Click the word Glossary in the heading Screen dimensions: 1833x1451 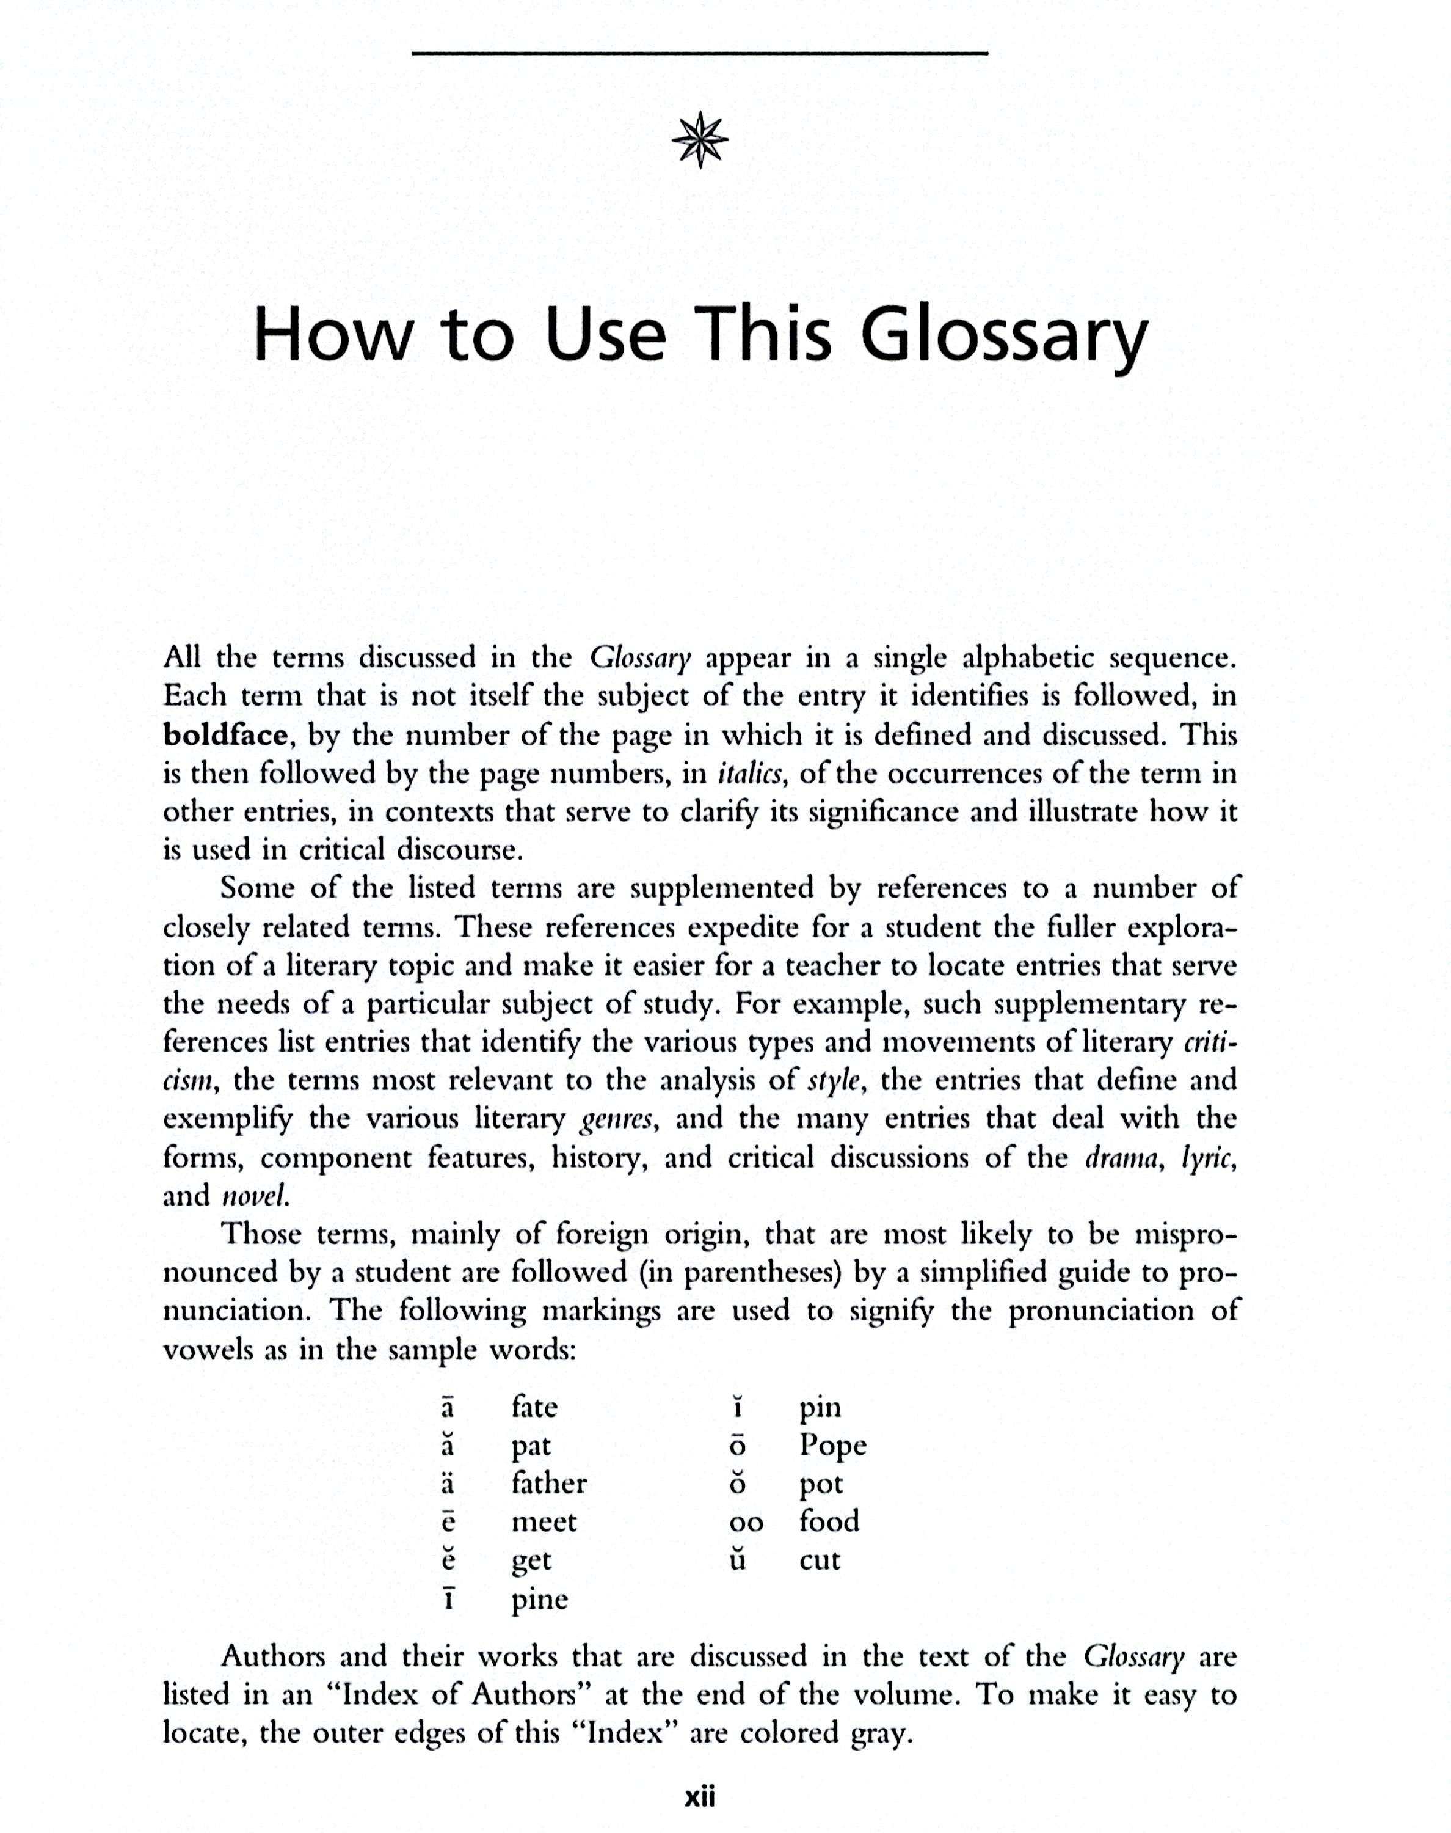[x=1004, y=337]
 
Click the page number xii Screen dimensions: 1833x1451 [x=700, y=1798]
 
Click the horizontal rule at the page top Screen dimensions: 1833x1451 [x=700, y=54]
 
